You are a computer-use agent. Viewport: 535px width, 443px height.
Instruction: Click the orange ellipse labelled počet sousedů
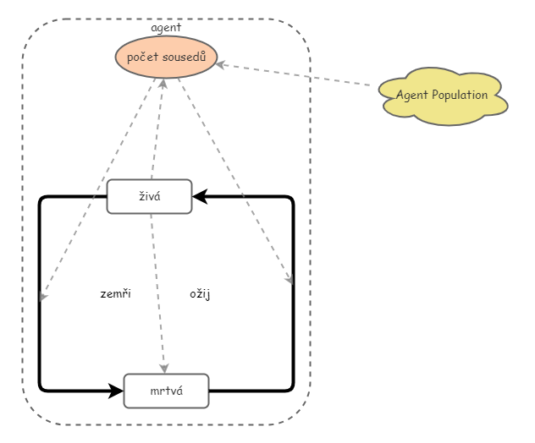click(166, 57)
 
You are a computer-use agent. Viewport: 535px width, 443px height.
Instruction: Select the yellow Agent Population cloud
click(442, 96)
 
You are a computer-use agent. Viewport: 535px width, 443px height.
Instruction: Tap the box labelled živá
click(149, 197)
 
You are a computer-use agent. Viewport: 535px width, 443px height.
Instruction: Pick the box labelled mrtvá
click(166, 391)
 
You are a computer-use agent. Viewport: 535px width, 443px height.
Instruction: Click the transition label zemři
click(115, 294)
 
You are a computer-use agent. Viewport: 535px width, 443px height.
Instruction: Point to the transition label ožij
click(200, 294)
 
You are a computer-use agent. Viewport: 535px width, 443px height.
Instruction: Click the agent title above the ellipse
click(166, 27)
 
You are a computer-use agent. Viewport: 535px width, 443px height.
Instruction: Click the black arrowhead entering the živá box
click(198, 197)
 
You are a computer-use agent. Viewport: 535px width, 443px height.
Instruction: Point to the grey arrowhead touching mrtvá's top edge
click(164, 368)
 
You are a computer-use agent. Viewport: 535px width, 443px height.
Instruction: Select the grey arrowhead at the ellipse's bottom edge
click(163, 83)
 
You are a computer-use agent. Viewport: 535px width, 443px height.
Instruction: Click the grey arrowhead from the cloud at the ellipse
click(222, 64)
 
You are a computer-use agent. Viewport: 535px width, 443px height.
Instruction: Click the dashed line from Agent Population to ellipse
click(296, 74)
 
